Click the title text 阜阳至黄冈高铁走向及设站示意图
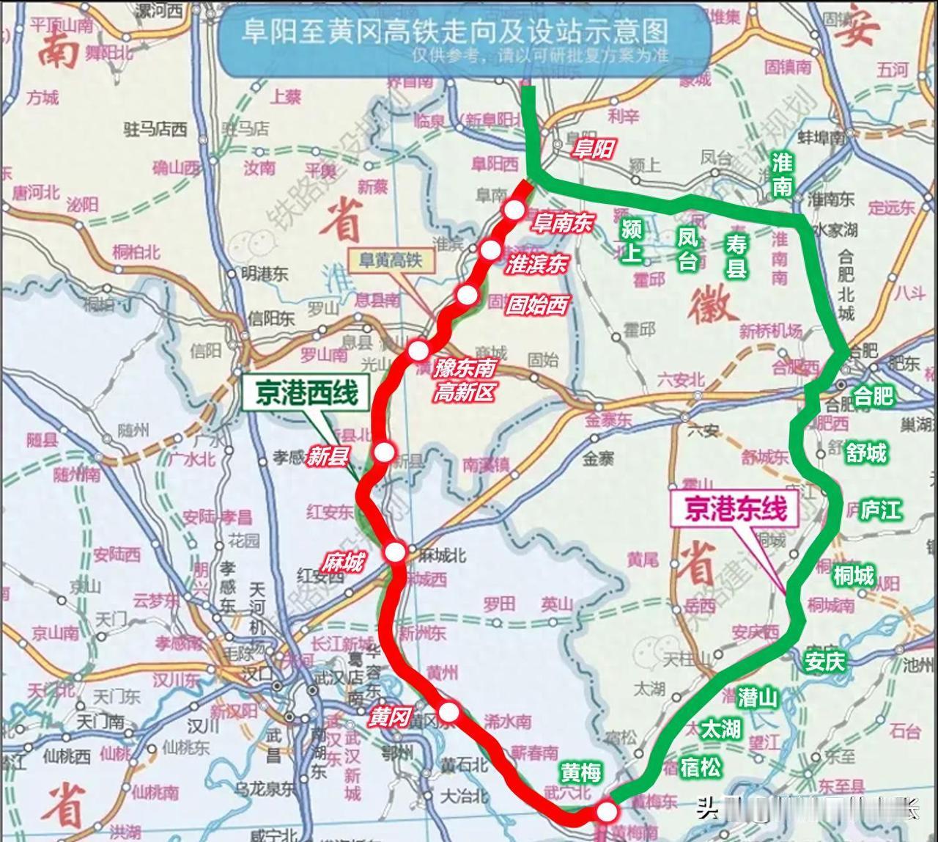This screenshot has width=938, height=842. [455, 32]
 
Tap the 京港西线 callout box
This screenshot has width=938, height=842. [306, 394]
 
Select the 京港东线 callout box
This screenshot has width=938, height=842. [736, 508]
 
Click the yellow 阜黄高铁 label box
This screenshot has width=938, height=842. [390, 260]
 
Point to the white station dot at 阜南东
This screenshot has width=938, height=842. [514, 210]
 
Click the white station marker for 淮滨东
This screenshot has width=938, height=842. [491, 250]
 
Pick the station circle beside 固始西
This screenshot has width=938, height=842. [467, 295]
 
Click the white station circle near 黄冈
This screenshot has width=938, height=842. [448, 711]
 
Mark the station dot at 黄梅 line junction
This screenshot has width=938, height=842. [607, 812]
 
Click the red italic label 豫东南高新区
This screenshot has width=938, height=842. [465, 380]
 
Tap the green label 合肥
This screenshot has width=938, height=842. [874, 396]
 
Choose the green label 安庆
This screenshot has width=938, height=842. [825, 661]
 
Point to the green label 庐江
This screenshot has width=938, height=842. [880, 510]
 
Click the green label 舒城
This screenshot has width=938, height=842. [866, 453]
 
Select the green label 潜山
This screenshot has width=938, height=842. [758, 697]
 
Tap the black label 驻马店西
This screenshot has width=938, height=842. [155, 130]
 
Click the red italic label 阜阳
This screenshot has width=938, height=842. [592, 150]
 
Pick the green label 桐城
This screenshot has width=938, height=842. [854, 576]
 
